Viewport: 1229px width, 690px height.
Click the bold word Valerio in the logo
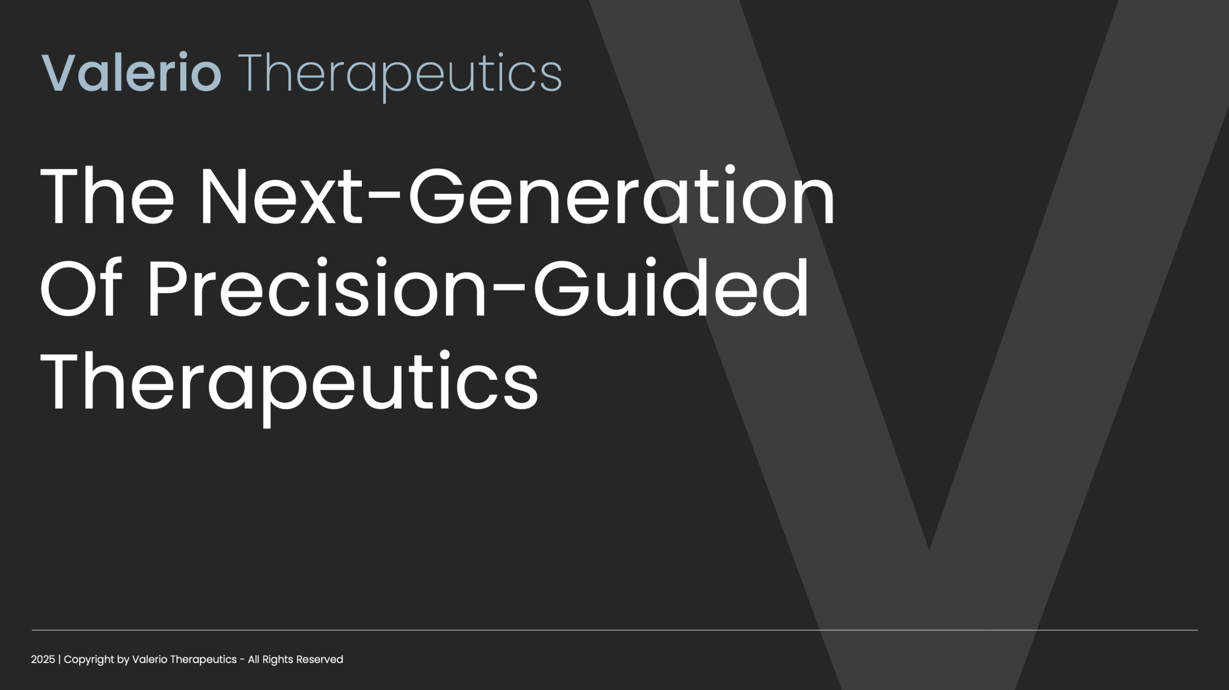coord(132,73)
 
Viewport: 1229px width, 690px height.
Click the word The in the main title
coord(107,195)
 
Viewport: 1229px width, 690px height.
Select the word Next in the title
coord(280,195)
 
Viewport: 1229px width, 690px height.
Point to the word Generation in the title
coord(622,195)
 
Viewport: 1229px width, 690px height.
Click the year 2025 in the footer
coord(43,659)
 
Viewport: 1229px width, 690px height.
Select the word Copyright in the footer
coord(89,660)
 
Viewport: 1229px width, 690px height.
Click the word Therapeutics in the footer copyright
coord(204,660)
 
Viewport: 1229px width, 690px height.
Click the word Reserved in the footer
coord(319,659)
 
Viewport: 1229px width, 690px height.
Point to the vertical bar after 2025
coord(60,660)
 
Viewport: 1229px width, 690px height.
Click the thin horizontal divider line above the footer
coord(614,630)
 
